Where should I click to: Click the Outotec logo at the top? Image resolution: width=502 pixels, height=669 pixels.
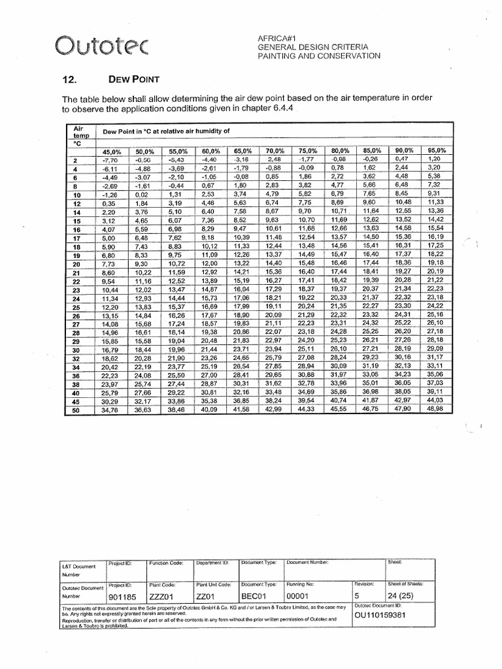(102, 46)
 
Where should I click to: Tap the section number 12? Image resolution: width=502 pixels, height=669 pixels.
(69, 80)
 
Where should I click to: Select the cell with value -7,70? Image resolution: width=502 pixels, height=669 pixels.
(109, 159)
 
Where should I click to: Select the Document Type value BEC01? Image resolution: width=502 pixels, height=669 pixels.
(255, 596)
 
